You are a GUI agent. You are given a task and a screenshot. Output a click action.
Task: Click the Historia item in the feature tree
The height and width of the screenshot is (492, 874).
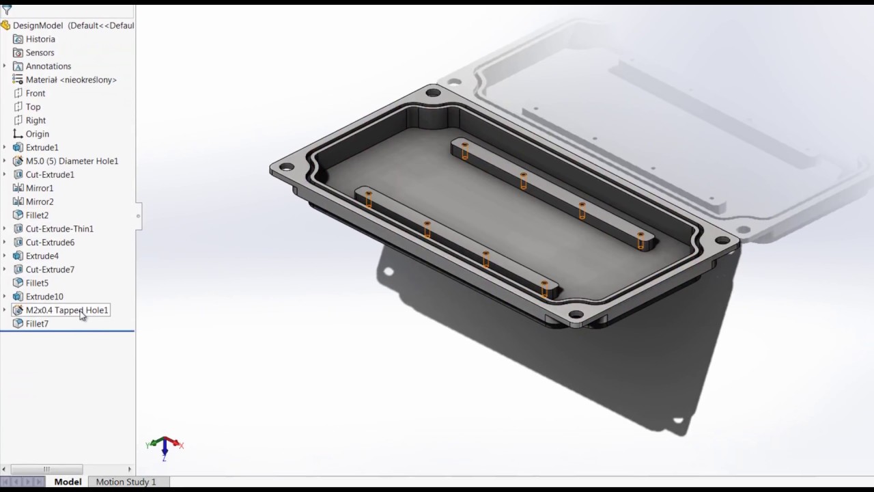click(40, 39)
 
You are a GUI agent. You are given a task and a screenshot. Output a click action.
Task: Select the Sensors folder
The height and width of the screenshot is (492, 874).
click(40, 53)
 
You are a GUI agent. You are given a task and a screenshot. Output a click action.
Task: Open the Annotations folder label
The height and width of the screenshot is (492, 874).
click(48, 66)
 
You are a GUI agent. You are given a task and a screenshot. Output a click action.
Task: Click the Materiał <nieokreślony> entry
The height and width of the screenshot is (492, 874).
click(71, 80)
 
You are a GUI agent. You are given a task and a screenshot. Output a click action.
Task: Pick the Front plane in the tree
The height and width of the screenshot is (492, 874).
click(35, 94)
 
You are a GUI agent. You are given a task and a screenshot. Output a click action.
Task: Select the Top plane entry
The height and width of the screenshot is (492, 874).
click(33, 107)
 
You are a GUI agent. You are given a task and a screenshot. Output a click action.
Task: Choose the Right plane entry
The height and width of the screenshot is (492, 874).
click(36, 121)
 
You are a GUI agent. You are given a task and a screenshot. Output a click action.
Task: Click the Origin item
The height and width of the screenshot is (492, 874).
click(37, 134)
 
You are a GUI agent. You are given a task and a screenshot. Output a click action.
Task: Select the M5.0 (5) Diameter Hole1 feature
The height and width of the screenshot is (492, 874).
click(72, 161)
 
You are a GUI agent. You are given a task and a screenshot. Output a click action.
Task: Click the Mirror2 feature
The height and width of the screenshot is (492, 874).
click(40, 202)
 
